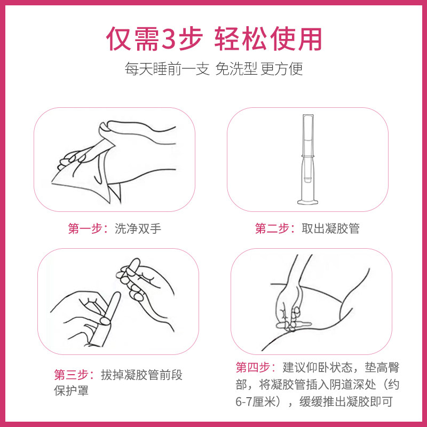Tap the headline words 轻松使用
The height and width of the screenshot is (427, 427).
click(x=268, y=38)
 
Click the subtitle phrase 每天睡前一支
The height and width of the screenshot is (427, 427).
click(x=167, y=69)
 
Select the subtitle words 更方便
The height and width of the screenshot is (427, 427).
click(x=282, y=69)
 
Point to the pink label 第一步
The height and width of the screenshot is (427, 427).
click(x=85, y=228)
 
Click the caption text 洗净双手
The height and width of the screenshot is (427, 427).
click(x=138, y=228)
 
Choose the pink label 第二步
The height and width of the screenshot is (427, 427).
click(x=272, y=228)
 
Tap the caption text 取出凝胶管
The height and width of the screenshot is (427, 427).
click(x=330, y=228)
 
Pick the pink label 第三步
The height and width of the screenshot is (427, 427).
click(x=71, y=375)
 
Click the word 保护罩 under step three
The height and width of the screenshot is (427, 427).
click(x=72, y=391)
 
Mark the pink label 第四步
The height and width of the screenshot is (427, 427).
click(x=252, y=367)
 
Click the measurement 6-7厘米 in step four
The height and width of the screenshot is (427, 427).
click(x=256, y=402)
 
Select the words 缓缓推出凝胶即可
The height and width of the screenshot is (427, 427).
click(x=346, y=402)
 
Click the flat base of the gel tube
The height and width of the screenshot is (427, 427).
click(x=308, y=202)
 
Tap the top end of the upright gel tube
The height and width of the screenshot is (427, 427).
click(x=308, y=115)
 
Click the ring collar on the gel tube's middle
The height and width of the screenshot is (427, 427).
click(x=308, y=156)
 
